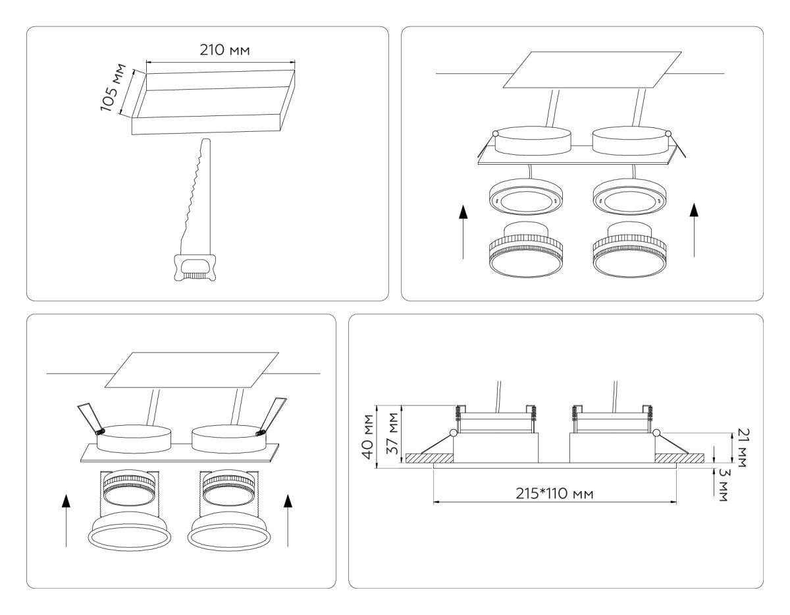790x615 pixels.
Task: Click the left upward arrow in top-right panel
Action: coord(464,231)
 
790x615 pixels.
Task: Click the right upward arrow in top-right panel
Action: coord(693,231)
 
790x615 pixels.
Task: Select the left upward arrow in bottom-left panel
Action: coord(65,521)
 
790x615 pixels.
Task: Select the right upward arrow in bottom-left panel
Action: coord(287,521)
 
